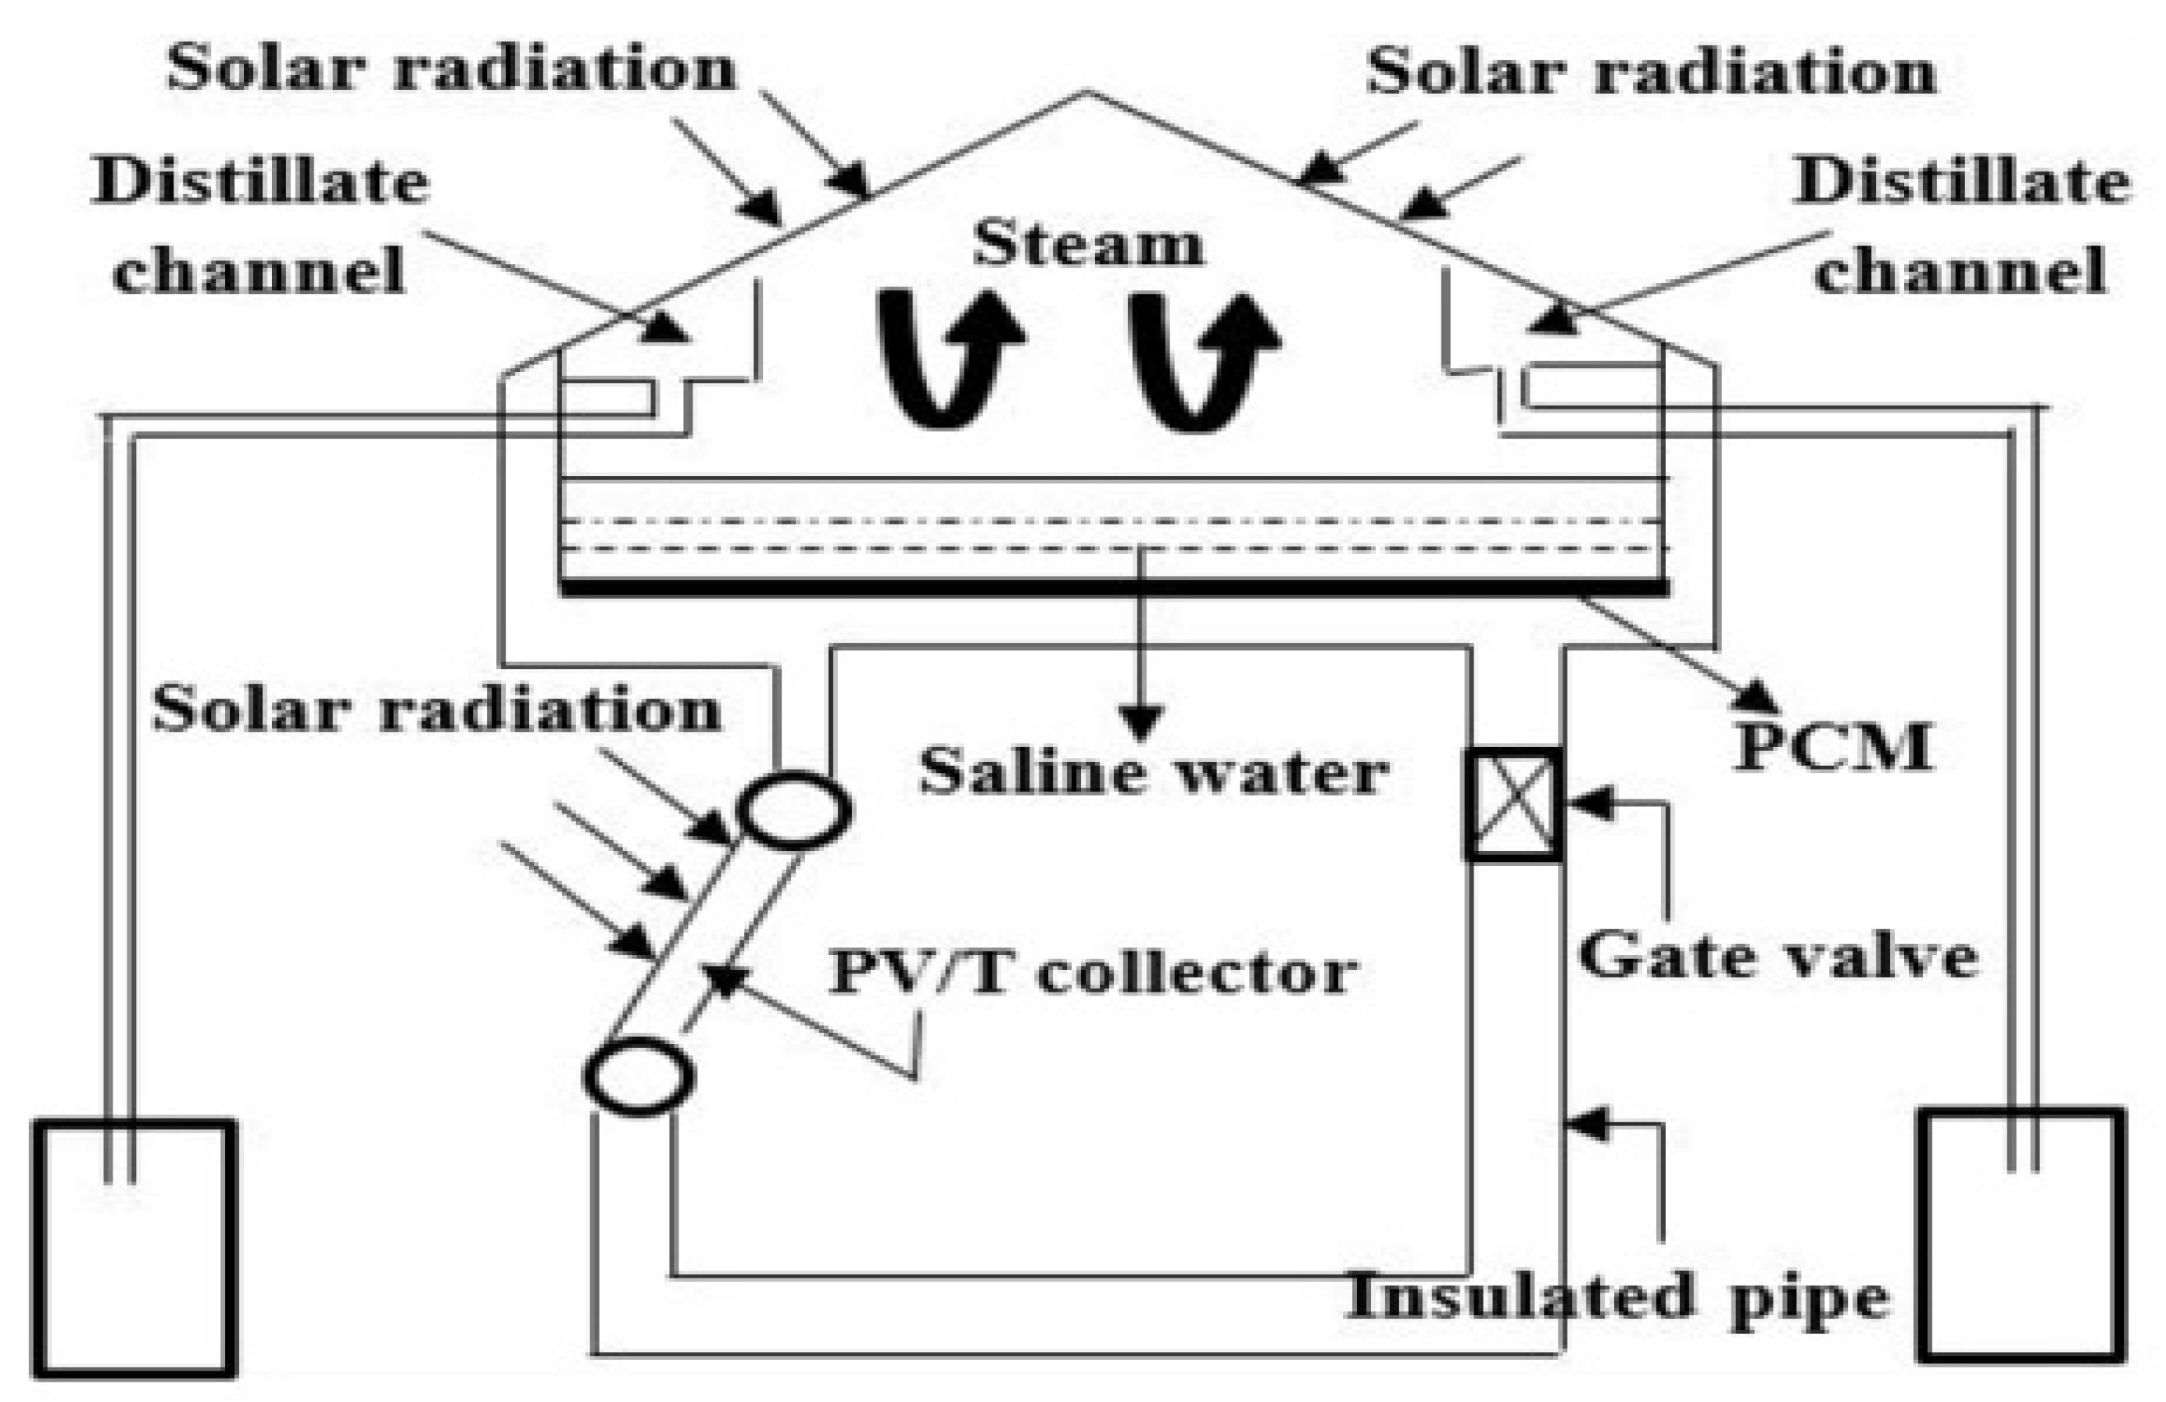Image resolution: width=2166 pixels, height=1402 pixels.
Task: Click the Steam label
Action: pos(1087,245)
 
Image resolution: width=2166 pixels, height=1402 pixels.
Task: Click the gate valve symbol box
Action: pos(1513,804)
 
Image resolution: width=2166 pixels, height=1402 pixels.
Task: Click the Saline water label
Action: pos(1154,774)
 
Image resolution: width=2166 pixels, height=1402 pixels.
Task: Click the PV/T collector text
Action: pos(1092,971)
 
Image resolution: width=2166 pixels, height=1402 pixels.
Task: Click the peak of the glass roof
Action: pos(1085,92)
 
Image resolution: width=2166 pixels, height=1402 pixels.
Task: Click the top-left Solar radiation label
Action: pos(450,67)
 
